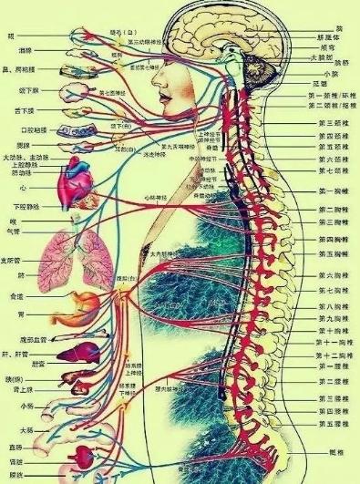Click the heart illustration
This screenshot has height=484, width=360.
pos(72,192)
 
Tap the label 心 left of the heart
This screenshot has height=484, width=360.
pos(11,189)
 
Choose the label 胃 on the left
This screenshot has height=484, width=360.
pos(12,318)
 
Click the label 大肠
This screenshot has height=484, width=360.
pos(28,427)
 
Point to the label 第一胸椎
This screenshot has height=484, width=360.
pos(330,191)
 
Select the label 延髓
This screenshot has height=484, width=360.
pos(320,84)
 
